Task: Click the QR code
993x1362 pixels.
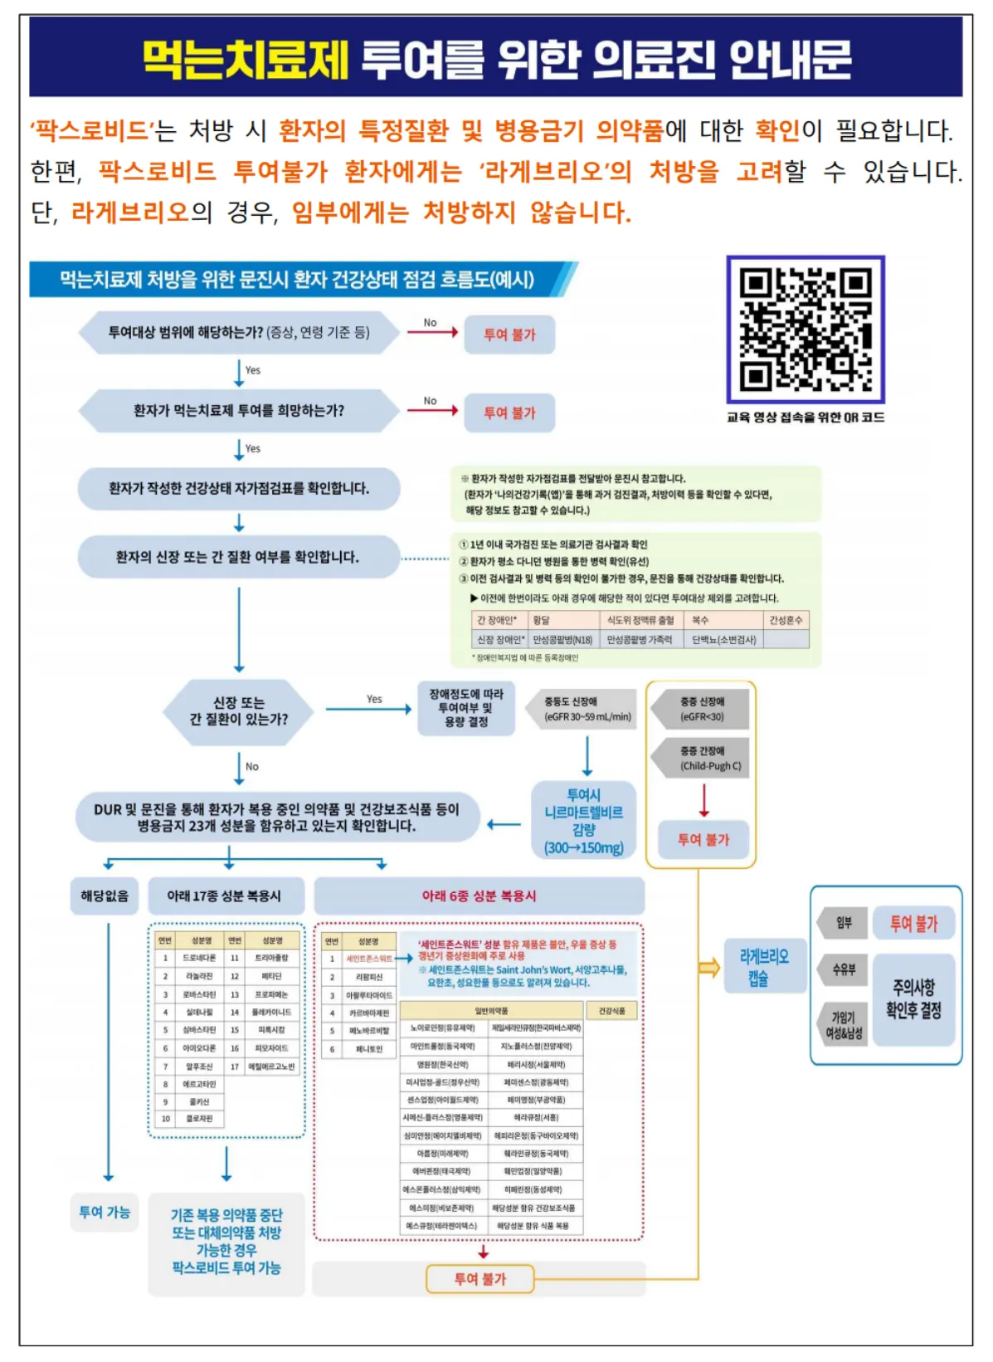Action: pos(805,330)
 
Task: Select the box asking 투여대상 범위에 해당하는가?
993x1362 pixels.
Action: pos(239,333)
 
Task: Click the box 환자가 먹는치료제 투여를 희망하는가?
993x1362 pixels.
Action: pos(239,411)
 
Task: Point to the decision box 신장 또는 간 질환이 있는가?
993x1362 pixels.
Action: pos(239,711)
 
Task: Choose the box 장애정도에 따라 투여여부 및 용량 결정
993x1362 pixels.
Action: pos(465,708)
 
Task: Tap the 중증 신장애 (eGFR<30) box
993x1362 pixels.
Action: pos(702,709)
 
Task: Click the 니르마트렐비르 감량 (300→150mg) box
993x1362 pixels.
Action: pos(583,821)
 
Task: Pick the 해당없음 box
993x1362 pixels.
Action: pos(105,896)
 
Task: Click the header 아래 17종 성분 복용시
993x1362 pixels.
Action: pos(224,896)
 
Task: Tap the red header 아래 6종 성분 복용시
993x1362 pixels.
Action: pos(479,896)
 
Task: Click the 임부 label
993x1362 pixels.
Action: pos(844,923)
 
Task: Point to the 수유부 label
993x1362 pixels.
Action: pos(844,969)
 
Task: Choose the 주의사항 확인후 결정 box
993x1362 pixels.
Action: pos(913,998)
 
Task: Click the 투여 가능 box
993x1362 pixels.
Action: pos(105,1213)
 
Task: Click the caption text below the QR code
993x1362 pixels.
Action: pos(806,417)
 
